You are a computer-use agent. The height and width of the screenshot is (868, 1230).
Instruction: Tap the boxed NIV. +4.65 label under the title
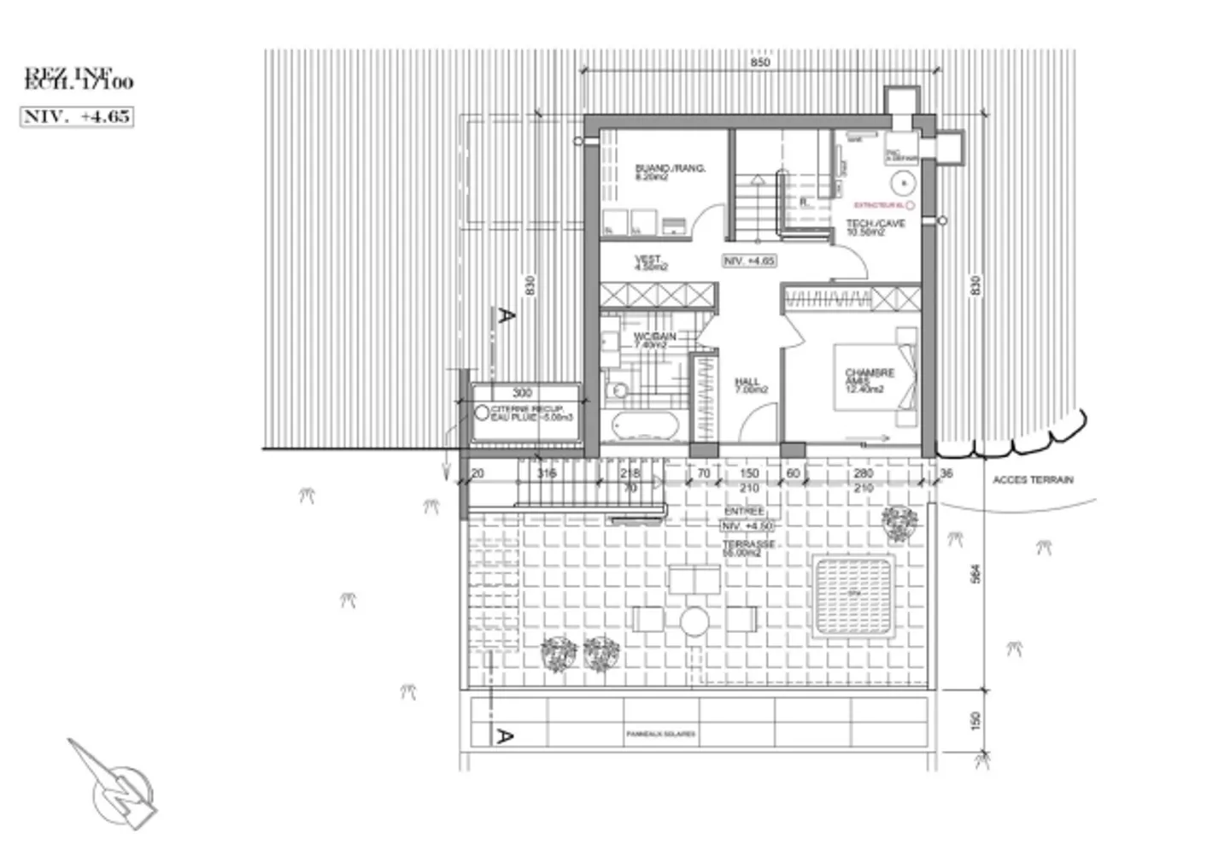pyautogui.click(x=77, y=116)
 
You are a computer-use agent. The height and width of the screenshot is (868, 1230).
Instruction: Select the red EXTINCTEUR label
pyautogui.click(x=880, y=205)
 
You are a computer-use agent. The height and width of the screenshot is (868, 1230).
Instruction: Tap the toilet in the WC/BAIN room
pyautogui.click(x=616, y=391)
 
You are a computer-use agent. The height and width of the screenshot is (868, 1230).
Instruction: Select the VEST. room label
pyautogui.click(x=650, y=263)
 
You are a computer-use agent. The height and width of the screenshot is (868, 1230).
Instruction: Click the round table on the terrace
pyautogui.click(x=694, y=621)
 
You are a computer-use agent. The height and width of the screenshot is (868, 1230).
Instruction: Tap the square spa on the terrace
pyautogui.click(x=854, y=595)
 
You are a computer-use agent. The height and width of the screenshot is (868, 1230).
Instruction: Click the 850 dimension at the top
pyautogui.click(x=759, y=62)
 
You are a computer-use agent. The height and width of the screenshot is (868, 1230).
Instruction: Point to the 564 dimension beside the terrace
pyautogui.click(x=976, y=573)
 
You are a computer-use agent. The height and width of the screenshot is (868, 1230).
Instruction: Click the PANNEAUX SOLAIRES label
pyautogui.click(x=660, y=734)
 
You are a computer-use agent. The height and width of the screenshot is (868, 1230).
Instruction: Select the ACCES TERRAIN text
pyautogui.click(x=1032, y=480)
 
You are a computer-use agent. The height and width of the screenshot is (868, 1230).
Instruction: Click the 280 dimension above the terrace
pyautogui.click(x=863, y=473)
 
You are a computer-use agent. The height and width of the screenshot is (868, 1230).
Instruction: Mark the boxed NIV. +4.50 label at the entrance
pyautogui.click(x=747, y=526)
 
